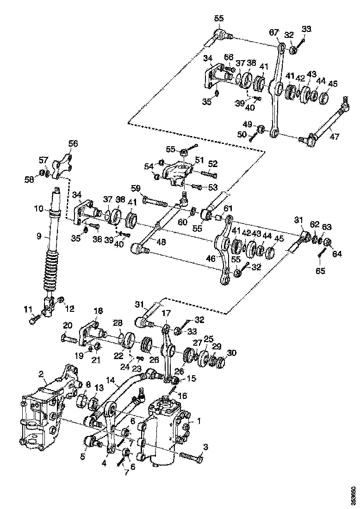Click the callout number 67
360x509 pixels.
click(x=274, y=32)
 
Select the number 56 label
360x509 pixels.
click(x=73, y=143)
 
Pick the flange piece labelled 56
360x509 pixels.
click(x=59, y=168)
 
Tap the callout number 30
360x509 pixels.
click(x=231, y=353)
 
